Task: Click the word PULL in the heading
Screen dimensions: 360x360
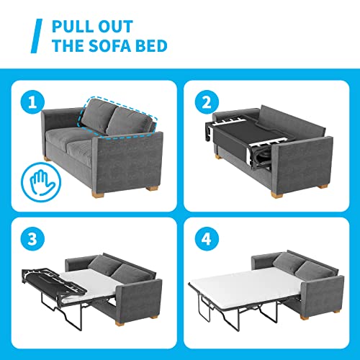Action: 76,27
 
